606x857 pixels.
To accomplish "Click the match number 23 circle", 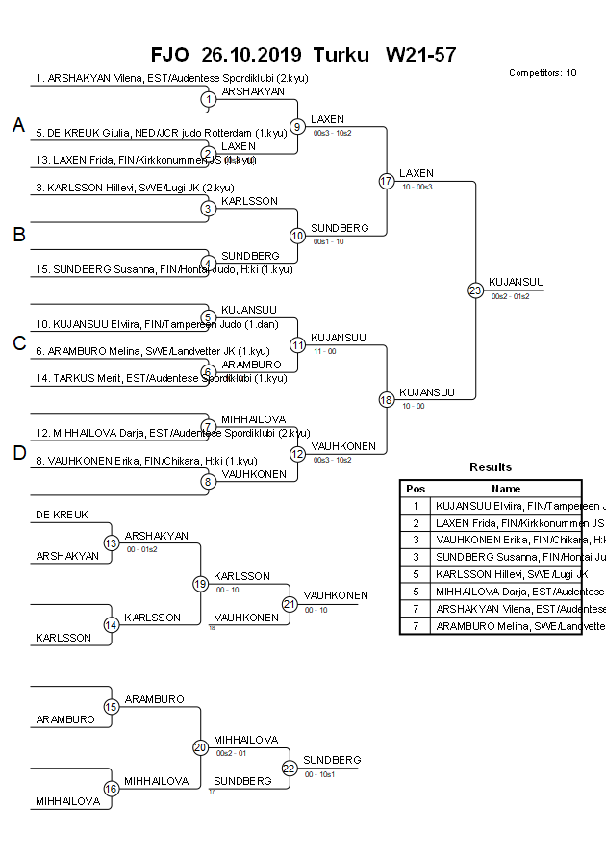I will tap(475, 290).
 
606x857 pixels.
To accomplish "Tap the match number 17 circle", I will tap(386, 181).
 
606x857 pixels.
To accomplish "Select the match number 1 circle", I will tap(208, 99).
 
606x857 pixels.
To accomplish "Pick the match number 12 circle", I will tap(297, 453).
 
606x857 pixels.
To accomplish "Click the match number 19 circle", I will tap(200, 583).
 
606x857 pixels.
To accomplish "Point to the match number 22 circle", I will tap(290, 768).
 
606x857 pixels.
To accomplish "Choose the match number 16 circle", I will tap(111, 789).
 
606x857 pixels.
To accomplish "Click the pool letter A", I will tap(17, 126).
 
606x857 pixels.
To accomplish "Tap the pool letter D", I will tap(17, 454).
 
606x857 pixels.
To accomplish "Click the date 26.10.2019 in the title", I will tap(252, 54).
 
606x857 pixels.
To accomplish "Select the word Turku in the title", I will tap(341, 54).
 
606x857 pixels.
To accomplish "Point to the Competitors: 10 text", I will tap(543, 73).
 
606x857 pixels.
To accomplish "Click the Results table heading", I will tap(491, 467).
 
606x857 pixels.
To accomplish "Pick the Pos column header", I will tap(416, 489).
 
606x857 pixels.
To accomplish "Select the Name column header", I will tap(506, 489).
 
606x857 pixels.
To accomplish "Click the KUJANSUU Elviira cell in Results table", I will tap(506, 506).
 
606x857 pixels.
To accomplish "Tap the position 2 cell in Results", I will tap(416, 523).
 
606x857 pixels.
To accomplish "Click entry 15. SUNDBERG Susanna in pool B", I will tap(164, 269).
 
